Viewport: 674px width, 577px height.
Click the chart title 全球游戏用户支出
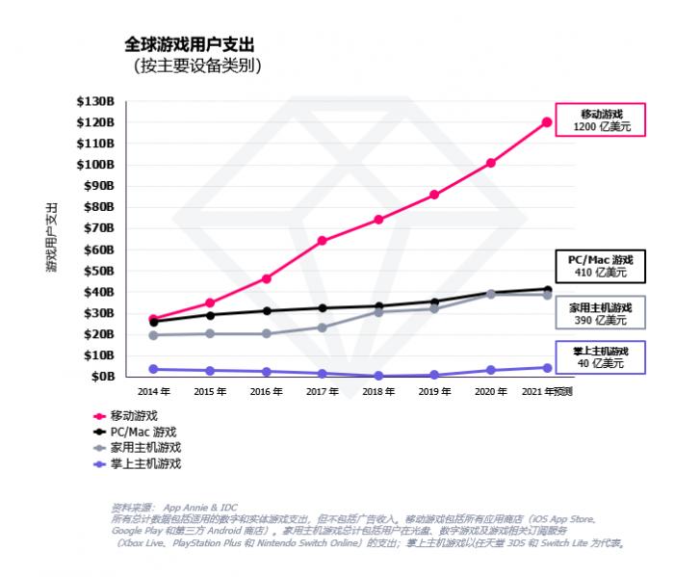(190, 44)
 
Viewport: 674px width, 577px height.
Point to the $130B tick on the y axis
(95, 101)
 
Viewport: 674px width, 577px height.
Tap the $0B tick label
(101, 377)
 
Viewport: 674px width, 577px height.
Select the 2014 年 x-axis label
(153, 392)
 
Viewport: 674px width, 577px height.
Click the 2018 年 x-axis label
(378, 392)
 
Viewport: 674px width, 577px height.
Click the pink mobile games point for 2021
(547, 122)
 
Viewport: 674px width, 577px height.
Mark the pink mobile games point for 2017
(322, 241)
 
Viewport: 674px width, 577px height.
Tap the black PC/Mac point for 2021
(547, 290)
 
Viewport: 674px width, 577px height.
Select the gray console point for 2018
(378, 312)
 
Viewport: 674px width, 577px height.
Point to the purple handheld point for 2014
(153, 369)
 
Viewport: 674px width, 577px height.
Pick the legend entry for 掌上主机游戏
(145, 463)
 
